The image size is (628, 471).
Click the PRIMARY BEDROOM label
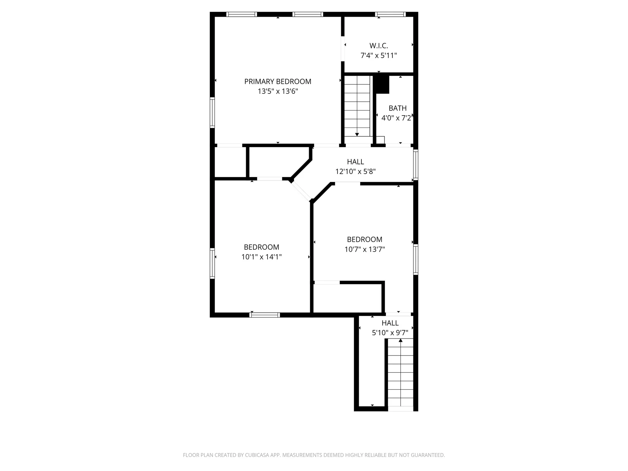[278, 81]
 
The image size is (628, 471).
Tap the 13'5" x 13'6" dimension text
[278, 91]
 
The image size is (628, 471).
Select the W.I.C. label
[379, 46]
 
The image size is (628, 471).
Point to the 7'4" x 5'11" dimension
[379, 56]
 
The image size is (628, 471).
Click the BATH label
[397, 108]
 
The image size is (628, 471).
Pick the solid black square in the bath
[382, 84]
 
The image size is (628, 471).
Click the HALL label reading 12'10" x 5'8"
[356, 162]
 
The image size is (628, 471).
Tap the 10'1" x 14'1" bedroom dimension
[261, 257]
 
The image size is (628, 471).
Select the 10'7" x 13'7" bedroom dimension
[364, 249]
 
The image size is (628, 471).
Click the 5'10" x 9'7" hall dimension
[390, 333]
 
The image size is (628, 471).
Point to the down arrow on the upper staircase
[357, 134]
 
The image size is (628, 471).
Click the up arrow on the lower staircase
[400, 340]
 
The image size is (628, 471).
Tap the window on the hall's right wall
[415, 165]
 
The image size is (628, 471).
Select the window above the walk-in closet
[390, 14]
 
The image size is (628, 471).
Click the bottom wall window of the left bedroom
[264, 315]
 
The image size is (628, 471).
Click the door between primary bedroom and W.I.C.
[343, 48]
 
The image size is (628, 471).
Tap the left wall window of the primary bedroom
[212, 113]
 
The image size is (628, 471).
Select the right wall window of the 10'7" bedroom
[415, 259]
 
